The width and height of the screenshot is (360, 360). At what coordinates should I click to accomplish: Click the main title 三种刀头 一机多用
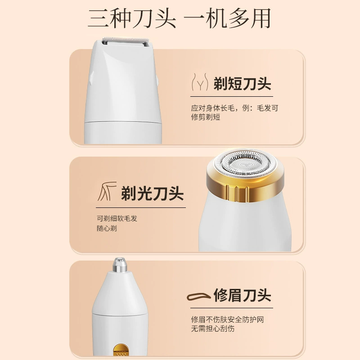click(179, 18)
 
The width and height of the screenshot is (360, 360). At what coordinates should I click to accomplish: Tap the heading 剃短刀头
click(243, 84)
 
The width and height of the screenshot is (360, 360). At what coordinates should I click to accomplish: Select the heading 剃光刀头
click(153, 193)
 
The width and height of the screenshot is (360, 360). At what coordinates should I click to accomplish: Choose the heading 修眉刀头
click(243, 295)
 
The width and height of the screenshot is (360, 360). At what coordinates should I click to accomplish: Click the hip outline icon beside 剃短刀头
click(200, 82)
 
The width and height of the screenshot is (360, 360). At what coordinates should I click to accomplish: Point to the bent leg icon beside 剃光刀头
click(107, 191)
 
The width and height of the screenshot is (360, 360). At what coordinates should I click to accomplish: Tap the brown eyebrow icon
click(198, 297)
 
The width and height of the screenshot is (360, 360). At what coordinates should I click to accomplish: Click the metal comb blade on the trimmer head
click(126, 40)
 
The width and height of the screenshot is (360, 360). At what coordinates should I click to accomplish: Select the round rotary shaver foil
click(245, 163)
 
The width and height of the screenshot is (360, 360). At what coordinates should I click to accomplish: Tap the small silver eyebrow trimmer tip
click(120, 265)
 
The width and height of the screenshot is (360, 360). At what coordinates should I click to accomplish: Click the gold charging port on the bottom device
click(121, 350)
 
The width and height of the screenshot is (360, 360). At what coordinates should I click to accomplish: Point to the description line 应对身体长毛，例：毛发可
click(234, 108)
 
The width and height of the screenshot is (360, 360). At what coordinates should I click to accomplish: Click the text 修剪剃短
click(206, 117)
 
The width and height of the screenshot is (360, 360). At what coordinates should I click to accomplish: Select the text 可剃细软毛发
click(117, 218)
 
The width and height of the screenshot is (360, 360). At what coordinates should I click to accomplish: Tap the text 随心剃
click(107, 229)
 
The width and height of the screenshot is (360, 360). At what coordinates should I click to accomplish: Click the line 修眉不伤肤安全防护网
click(228, 319)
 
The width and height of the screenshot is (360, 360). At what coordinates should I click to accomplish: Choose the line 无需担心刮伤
click(213, 328)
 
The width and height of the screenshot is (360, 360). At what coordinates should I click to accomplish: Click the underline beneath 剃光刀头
click(141, 207)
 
